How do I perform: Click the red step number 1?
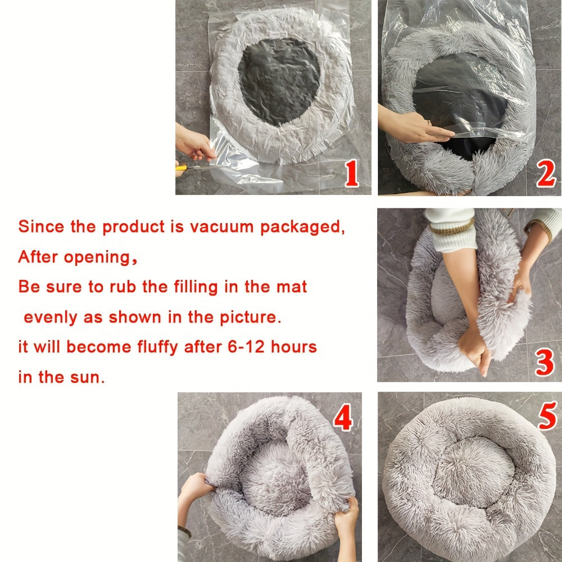point(351,174)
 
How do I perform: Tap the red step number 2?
point(545,174)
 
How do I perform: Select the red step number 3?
point(544,362)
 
